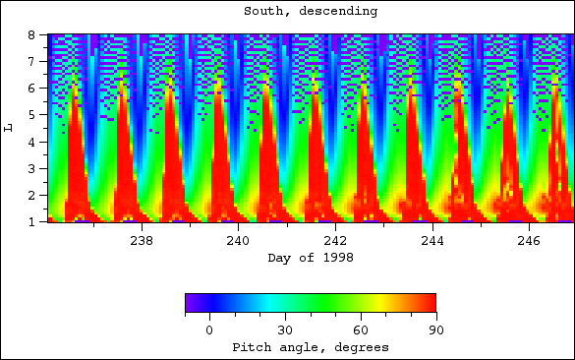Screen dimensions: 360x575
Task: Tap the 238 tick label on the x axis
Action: (142, 241)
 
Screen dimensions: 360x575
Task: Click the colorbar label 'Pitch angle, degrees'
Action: (311, 347)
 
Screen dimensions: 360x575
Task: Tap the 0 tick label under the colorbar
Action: (209, 330)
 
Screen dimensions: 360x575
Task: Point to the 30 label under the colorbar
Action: (285, 330)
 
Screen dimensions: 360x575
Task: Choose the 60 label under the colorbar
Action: (360, 330)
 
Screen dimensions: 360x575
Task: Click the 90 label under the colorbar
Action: (434, 330)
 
